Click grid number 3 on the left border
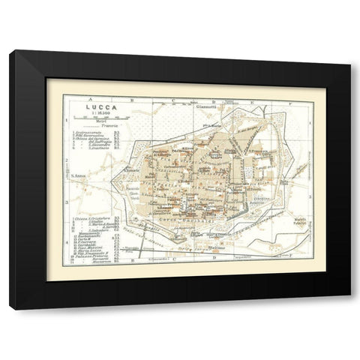[x=66, y=202]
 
